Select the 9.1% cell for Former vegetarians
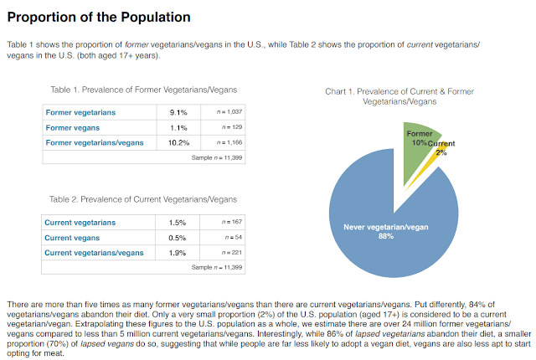[x=178, y=112]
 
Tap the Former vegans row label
[x=75, y=127]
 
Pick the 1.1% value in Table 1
[x=178, y=127]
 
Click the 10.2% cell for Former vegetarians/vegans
[x=178, y=142]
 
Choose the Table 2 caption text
[x=142, y=199]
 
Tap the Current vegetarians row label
[x=80, y=223]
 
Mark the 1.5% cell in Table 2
[x=178, y=223]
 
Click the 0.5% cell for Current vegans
[x=178, y=238]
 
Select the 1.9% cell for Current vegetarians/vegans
[x=178, y=253]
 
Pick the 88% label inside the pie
[x=385, y=237]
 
